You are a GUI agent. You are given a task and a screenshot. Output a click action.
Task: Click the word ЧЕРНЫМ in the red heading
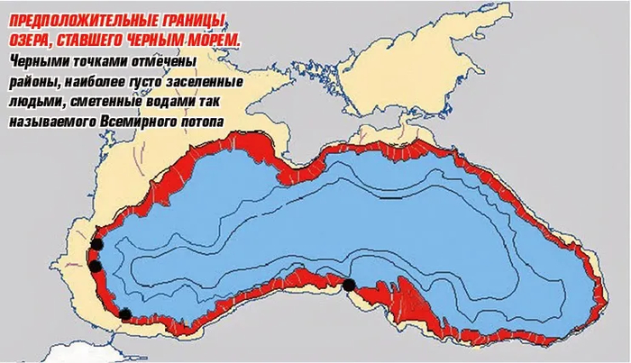[170, 42]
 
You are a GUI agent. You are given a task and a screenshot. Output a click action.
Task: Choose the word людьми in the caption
[32, 103]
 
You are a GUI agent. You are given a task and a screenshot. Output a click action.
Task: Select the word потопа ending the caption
[203, 123]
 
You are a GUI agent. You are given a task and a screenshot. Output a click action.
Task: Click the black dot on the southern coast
[349, 286]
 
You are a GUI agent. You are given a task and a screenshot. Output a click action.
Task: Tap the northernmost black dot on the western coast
[96, 245]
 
